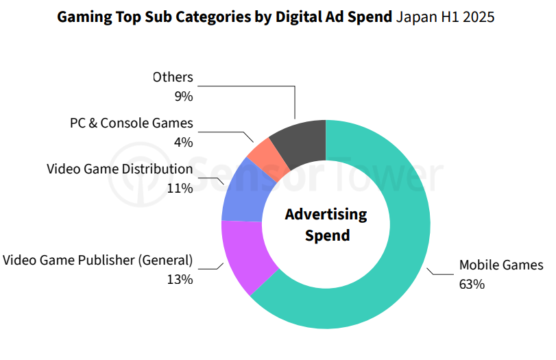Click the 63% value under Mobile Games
[x=472, y=283]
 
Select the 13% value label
[x=181, y=279]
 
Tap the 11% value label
[x=181, y=187]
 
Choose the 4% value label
[x=184, y=142]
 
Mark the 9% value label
[x=184, y=96]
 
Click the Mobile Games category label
[x=500, y=265]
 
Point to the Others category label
[x=173, y=77]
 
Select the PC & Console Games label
[x=132, y=123]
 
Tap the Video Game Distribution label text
[x=120, y=169]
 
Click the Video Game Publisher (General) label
[x=98, y=261]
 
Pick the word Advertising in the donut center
[x=326, y=214]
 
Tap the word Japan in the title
[x=414, y=16]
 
